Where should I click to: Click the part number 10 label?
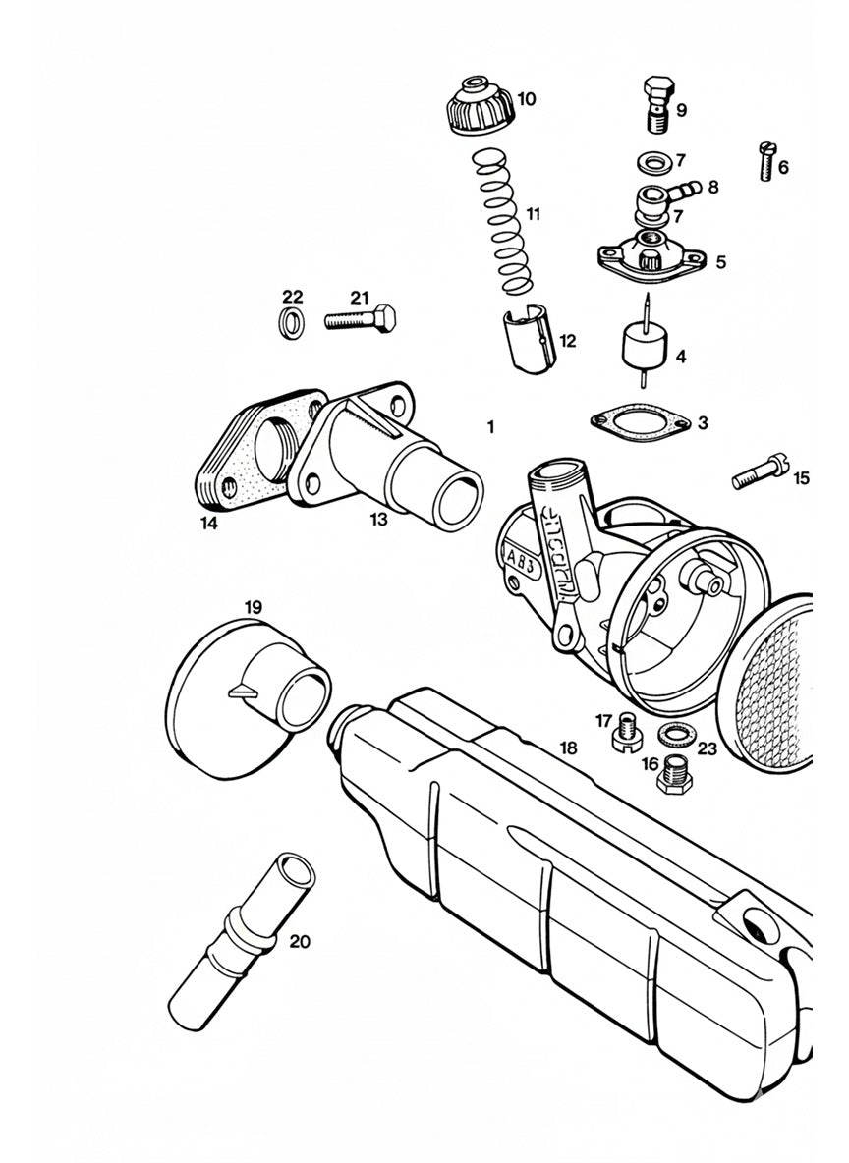[527, 98]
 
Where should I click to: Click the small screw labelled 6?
[766, 159]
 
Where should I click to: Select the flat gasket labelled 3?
[637, 420]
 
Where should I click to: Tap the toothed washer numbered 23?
[672, 732]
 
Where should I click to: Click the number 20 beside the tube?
[300, 941]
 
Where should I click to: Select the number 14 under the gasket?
[209, 524]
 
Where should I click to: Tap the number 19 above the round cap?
[253, 607]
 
